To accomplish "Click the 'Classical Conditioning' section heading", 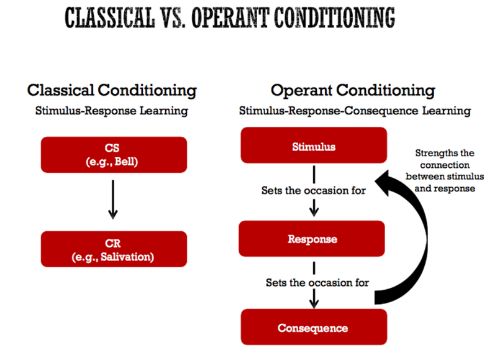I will [x=112, y=90].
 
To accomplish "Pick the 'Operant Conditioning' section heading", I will [x=353, y=90].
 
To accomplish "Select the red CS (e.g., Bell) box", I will [x=114, y=154].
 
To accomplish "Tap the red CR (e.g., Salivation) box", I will [x=114, y=249].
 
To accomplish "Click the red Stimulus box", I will [x=314, y=147].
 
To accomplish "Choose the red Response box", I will [x=314, y=239].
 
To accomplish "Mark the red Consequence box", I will [x=314, y=328].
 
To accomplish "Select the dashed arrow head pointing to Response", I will [x=314, y=211].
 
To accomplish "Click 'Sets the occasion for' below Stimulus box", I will [x=313, y=191].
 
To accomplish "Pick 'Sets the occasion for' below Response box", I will [x=317, y=282].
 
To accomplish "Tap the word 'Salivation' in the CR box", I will [x=124, y=256].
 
